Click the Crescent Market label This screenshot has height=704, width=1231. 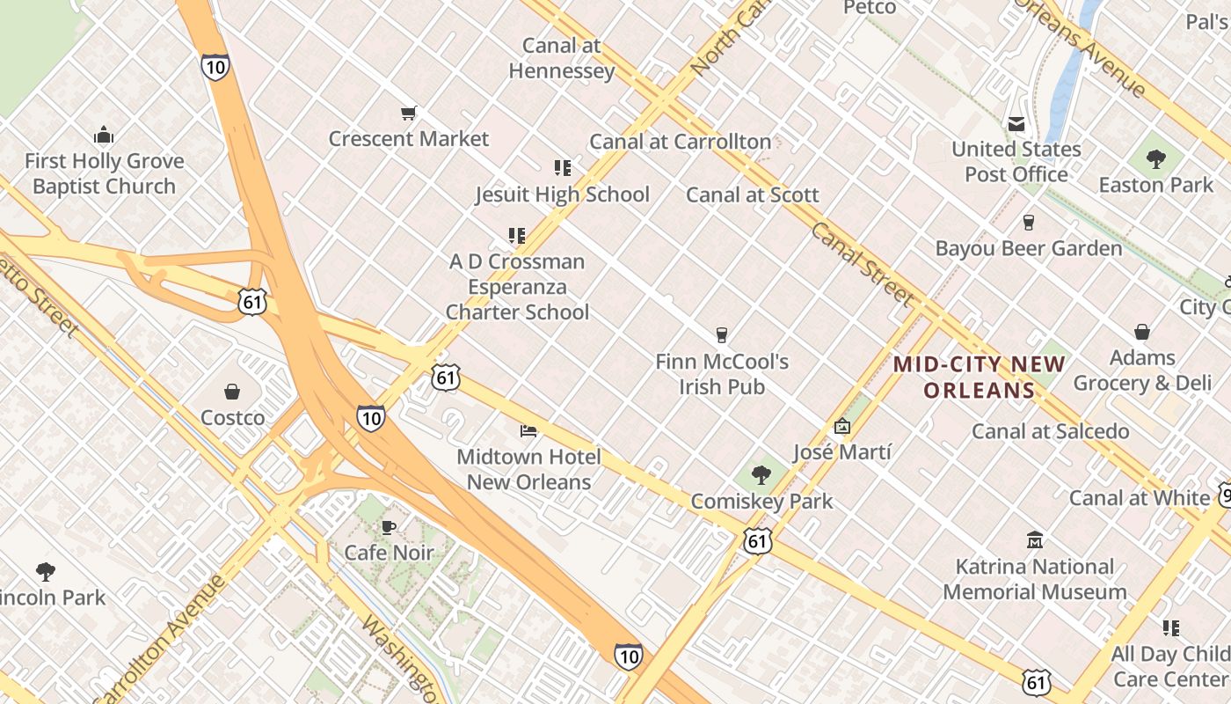409,139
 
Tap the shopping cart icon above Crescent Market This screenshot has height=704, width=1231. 408,114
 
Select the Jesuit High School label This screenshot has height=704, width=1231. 563,194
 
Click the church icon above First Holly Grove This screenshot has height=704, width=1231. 104,136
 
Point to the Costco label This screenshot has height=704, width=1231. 232,417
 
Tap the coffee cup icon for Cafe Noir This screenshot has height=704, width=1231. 389,528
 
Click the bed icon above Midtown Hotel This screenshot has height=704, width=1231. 528,430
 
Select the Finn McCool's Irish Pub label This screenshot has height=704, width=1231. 722,374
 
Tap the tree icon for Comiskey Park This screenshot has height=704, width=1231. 761,476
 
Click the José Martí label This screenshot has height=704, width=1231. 841,452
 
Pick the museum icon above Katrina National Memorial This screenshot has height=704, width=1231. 1035,539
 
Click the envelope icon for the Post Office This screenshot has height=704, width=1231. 1016,124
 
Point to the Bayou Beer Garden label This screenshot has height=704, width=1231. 1029,249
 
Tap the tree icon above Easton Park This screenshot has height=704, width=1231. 1155,159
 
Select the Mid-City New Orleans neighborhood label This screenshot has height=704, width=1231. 979,378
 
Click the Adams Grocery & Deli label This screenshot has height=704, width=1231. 1142,370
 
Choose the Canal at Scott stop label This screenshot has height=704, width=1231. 753,195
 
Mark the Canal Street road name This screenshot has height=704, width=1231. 862,264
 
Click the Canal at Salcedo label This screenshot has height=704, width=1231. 1050,431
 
